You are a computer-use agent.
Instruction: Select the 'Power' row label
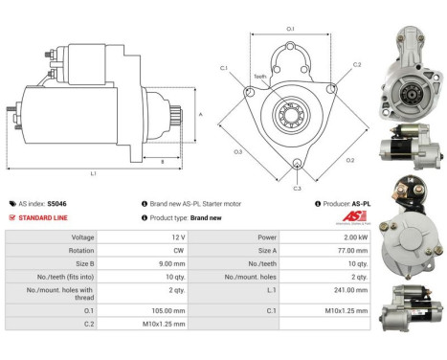pos(238,236)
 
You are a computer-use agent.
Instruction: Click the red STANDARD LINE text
pos(42,217)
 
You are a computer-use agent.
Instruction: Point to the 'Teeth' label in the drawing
pos(259,77)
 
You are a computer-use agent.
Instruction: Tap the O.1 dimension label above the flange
pos(290,29)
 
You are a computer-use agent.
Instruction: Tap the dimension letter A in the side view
pos(200,114)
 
